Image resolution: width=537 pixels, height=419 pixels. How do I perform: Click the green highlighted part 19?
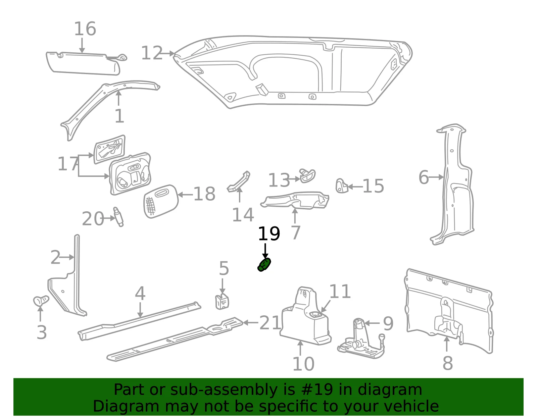pos(264,265)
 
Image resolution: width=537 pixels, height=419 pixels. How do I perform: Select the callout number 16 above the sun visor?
pos(85,29)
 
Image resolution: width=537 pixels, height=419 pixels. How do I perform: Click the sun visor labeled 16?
pos(84,63)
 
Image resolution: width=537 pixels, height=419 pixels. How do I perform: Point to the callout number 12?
pos(152,53)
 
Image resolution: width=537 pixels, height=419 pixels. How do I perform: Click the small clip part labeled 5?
pos(222,302)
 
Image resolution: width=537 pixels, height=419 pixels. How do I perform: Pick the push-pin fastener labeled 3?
pos(41,301)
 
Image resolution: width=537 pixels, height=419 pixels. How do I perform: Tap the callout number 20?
pos(93,219)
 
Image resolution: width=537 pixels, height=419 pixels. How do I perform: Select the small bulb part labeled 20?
pos(118,217)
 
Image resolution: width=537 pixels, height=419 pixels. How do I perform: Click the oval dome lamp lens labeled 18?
pos(161,202)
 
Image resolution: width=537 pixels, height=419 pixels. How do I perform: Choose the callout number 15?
pos(373,186)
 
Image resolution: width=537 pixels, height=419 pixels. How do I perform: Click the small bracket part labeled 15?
pos(342,186)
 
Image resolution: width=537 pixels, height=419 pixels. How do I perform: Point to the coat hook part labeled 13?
pos(307,175)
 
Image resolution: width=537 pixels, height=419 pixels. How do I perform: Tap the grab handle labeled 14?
pos(239,181)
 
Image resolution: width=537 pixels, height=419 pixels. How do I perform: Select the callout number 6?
pos(424,177)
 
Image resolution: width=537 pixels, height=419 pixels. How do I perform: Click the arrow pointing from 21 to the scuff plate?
pos(251,322)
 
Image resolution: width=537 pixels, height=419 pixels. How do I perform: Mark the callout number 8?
pos(448,363)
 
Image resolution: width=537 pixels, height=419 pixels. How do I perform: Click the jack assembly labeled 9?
pos(361,338)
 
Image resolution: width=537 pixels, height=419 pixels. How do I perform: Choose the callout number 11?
pos(340,292)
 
